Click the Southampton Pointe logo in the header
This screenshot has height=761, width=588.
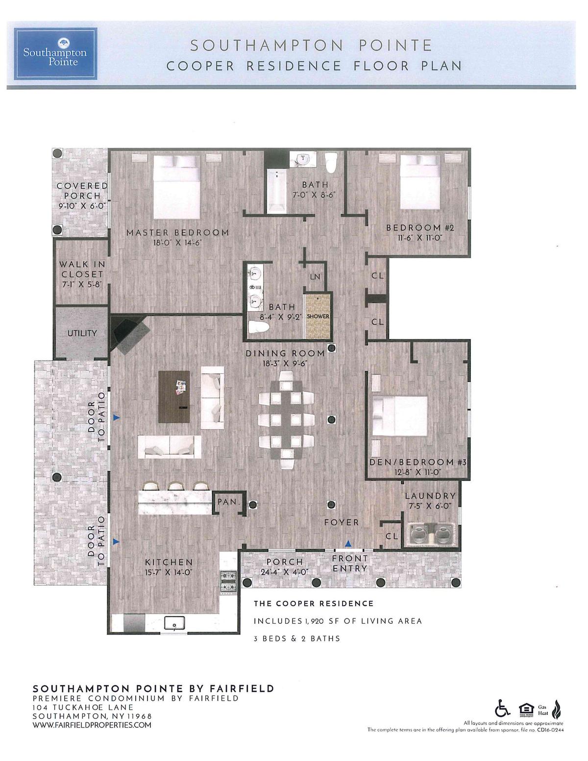(x=55, y=53)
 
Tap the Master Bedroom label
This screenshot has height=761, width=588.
(x=177, y=233)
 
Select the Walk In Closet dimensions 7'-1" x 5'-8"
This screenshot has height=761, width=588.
(x=82, y=285)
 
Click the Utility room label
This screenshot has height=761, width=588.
(x=82, y=333)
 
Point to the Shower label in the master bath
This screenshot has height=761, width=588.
(x=318, y=316)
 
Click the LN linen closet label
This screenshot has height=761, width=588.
(x=315, y=277)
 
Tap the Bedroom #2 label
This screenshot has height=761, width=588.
(x=420, y=228)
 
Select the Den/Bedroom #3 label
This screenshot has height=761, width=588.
(x=418, y=462)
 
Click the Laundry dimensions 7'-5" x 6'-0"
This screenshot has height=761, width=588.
(x=430, y=506)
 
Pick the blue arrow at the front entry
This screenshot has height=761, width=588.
(x=348, y=543)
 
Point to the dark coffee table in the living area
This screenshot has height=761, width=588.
(x=174, y=397)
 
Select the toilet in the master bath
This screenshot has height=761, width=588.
(x=258, y=328)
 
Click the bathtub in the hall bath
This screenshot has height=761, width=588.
(x=276, y=191)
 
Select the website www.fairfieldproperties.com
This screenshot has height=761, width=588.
(x=92, y=725)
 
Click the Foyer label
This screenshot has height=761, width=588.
(x=342, y=522)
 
